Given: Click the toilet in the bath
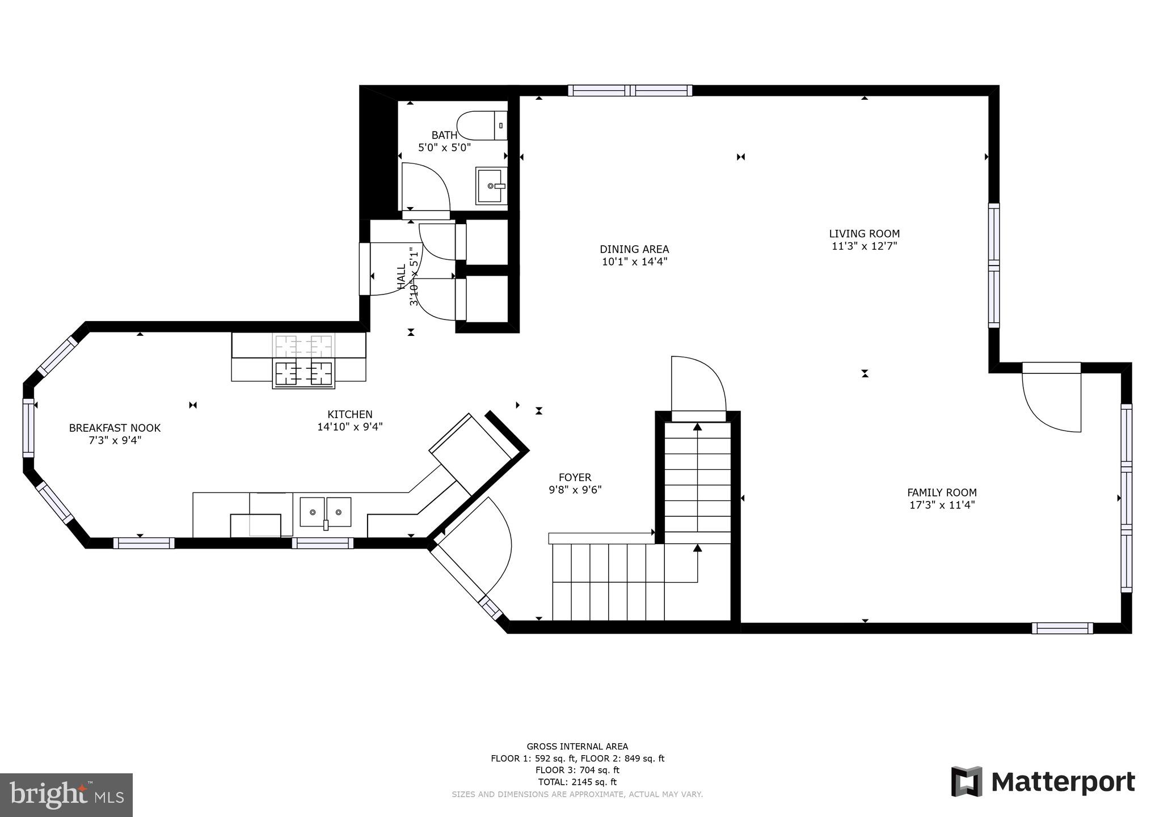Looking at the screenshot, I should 481,126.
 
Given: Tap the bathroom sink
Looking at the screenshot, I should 490,186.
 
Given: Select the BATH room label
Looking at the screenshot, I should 444,135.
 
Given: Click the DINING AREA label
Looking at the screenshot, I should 634,249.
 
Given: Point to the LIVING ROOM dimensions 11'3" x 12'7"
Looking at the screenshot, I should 864,246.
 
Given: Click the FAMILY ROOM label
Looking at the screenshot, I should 942,492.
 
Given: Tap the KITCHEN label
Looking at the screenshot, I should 349,414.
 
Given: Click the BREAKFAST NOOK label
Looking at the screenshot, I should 115,428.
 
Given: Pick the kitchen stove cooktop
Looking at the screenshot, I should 303,373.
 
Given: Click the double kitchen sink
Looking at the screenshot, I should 325,512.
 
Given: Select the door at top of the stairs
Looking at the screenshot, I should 698,386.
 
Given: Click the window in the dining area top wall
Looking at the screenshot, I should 630,90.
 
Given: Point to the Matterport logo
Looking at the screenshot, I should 1043,781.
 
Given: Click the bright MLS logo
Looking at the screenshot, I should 66,794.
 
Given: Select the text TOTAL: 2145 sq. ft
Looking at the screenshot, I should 577,782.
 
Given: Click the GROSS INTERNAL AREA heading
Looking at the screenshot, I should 577,747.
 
